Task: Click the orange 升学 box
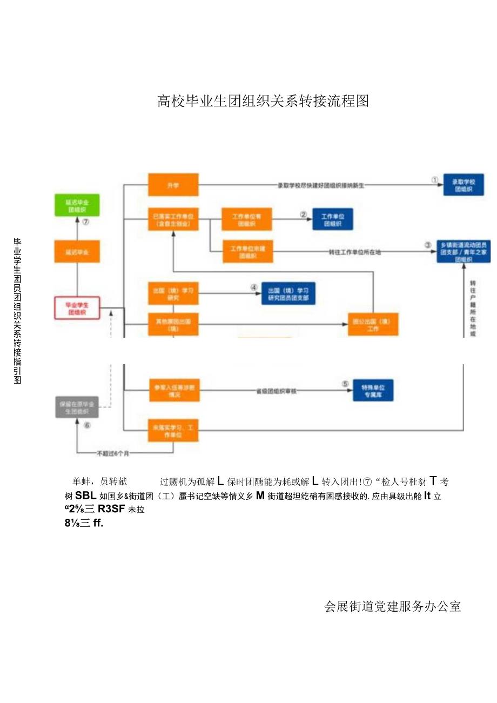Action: [173, 185]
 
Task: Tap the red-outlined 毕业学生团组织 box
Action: [76, 308]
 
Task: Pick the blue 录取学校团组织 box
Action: [463, 184]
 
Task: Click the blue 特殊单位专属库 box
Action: [373, 389]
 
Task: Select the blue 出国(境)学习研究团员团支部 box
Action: [288, 293]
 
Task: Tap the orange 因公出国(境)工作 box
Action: [373, 324]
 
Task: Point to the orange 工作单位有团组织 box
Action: [246, 219]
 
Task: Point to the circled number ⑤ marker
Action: [345, 384]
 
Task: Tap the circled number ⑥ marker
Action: [87, 425]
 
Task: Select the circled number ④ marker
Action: [253, 288]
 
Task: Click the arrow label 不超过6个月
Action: [113, 453]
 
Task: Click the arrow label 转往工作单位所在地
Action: [354, 252]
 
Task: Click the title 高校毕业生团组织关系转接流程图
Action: [263, 101]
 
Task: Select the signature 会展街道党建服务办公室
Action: [393, 606]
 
